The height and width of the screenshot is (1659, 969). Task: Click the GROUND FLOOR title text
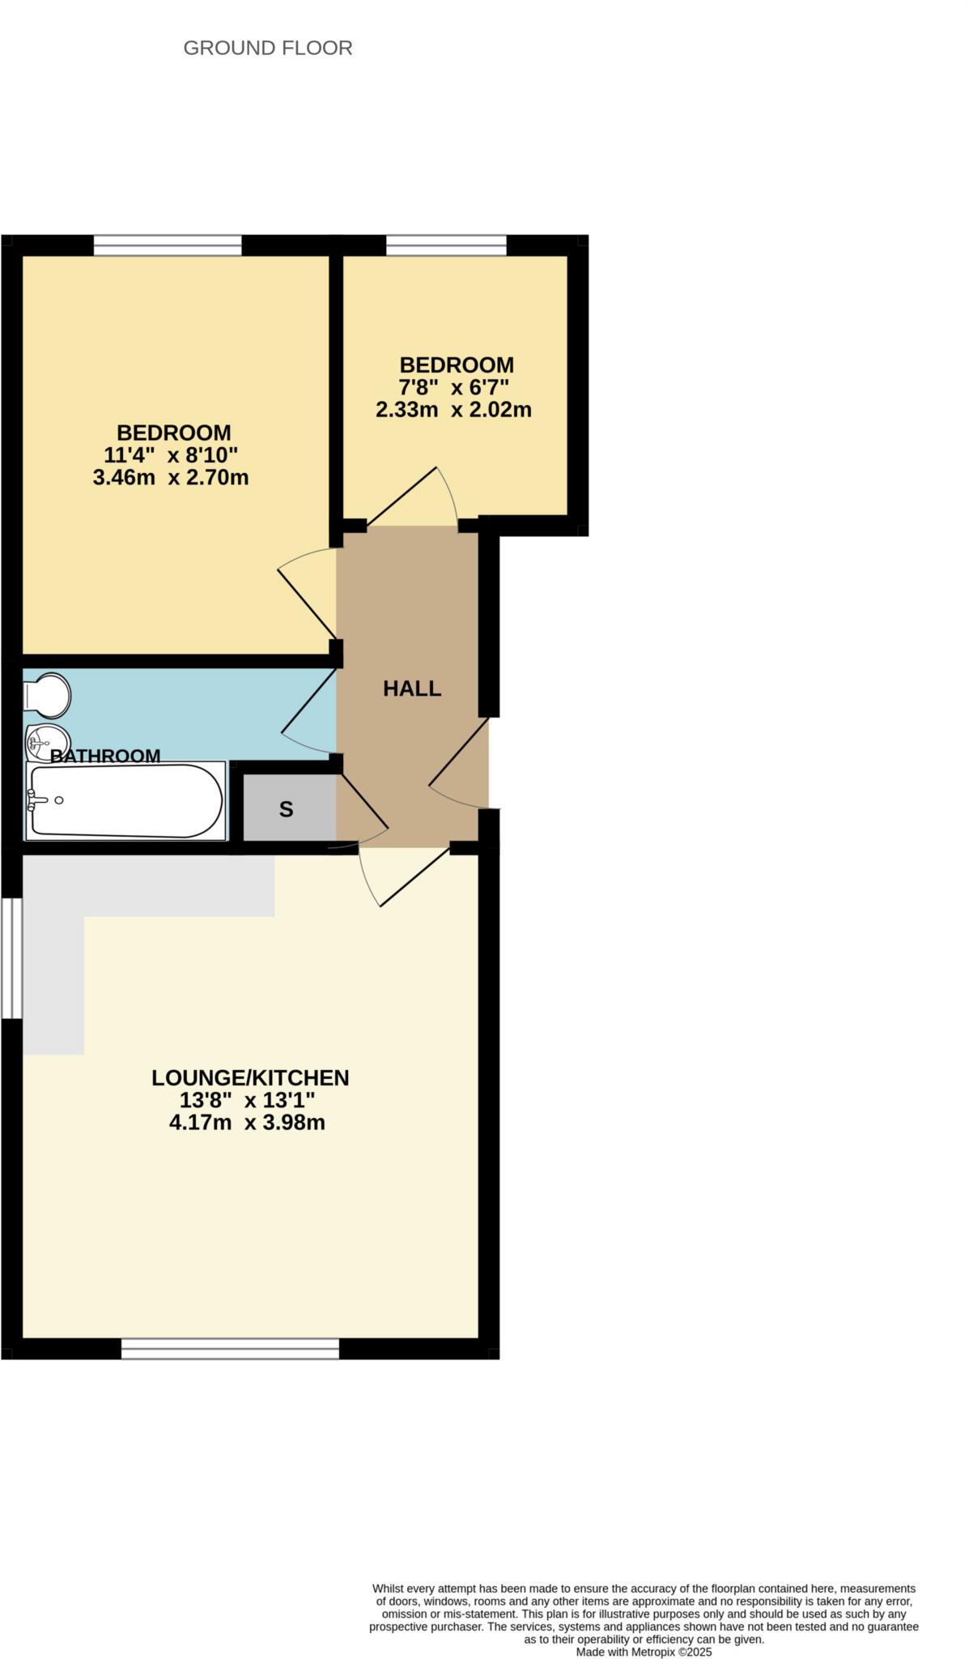pyautogui.click(x=268, y=49)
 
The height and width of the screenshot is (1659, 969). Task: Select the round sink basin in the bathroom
pyautogui.click(x=47, y=740)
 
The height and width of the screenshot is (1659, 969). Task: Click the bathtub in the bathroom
pyautogui.click(x=125, y=801)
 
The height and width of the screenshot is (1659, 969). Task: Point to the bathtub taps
pyautogui.click(x=37, y=801)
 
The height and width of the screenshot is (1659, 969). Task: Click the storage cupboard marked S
pyautogui.click(x=287, y=808)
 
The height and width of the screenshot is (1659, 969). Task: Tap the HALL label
pyautogui.click(x=412, y=689)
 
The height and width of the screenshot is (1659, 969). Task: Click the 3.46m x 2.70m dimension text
pyautogui.click(x=171, y=477)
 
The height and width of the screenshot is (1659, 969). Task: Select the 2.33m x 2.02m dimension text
pyautogui.click(x=453, y=410)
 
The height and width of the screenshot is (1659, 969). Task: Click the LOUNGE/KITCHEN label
pyautogui.click(x=250, y=1077)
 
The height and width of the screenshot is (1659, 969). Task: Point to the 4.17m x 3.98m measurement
pyautogui.click(x=247, y=1123)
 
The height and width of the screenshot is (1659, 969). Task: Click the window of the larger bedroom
pyautogui.click(x=168, y=245)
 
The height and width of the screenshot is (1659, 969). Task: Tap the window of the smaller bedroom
pyautogui.click(x=446, y=245)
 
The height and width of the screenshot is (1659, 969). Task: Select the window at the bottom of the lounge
pyautogui.click(x=230, y=1348)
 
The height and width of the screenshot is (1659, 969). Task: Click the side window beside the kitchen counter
pyautogui.click(x=11, y=957)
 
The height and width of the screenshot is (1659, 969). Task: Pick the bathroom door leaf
pyautogui.click(x=308, y=701)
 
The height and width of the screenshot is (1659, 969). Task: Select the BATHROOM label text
pyautogui.click(x=105, y=756)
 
